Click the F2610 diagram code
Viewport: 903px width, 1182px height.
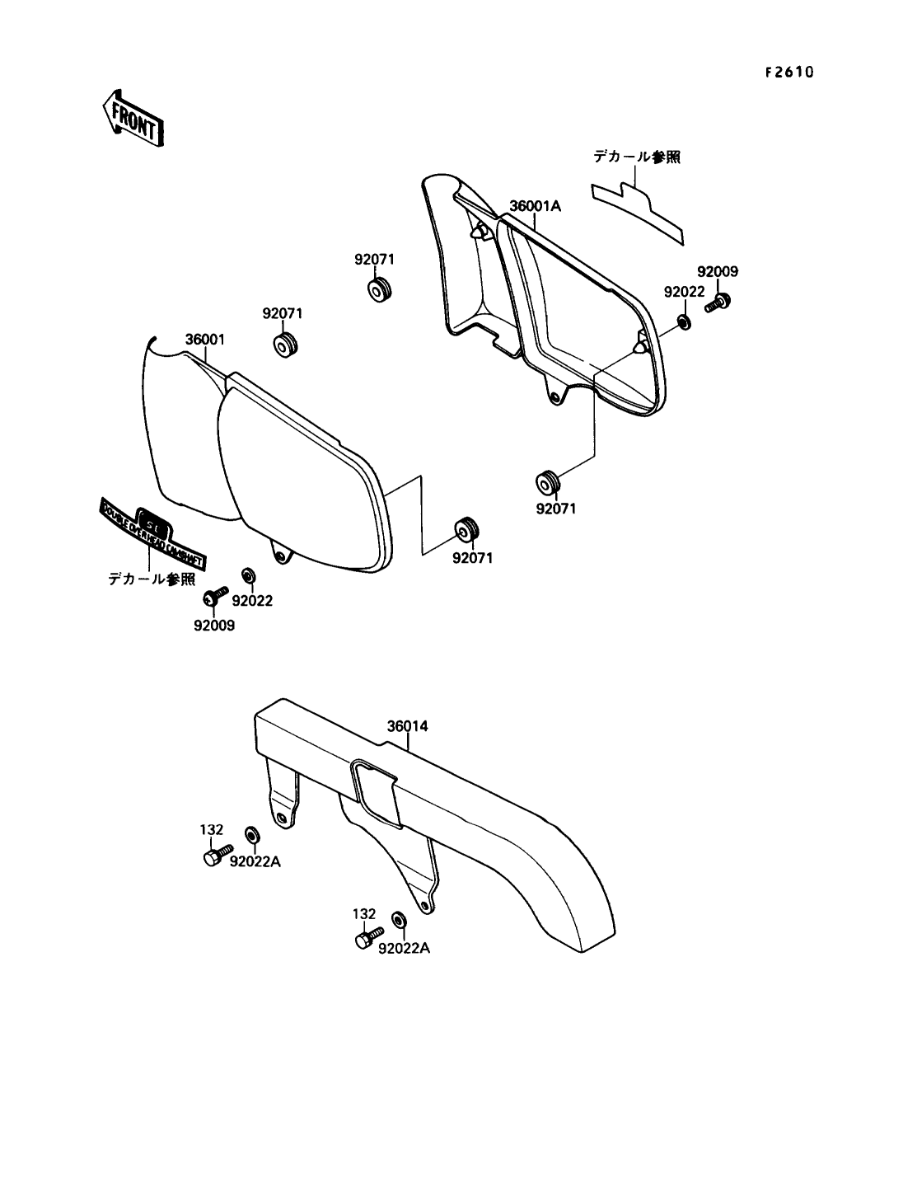(x=788, y=73)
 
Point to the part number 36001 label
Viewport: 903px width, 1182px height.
(x=204, y=340)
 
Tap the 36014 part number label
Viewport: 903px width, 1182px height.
(x=408, y=727)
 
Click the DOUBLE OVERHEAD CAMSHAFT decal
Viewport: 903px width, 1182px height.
(x=153, y=534)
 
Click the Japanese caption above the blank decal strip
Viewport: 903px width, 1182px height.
(x=638, y=157)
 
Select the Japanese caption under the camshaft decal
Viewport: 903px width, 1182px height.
(x=152, y=579)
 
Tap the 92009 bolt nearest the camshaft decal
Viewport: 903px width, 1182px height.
(x=219, y=593)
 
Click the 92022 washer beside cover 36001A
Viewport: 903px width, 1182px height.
(x=684, y=320)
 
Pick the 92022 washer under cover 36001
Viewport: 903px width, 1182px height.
(x=247, y=574)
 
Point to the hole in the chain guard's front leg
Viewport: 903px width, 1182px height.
(x=283, y=818)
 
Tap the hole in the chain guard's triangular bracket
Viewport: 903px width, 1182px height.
(x=424, y=906)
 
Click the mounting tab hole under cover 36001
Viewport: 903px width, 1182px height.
(x=283, y=557)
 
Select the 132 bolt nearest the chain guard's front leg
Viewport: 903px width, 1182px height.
(x=212, y=856)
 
